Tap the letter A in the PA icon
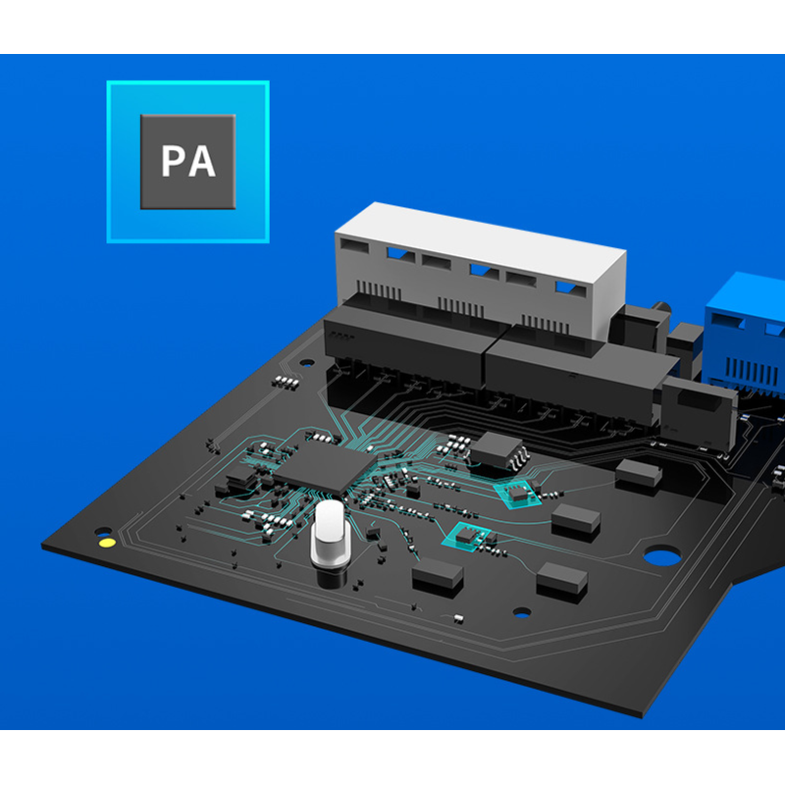tap(202, 161)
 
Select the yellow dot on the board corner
tap(107, 543)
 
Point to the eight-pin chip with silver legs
tap(498, 449)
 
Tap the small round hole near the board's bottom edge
tap(522, 611)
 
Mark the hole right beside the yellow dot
tap(104, 531)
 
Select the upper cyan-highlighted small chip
tap(518, 495)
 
